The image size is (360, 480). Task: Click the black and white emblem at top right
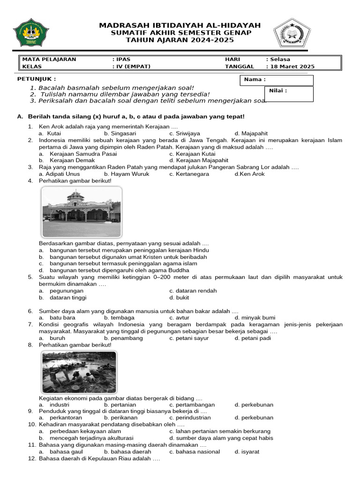click(x=292, y=35)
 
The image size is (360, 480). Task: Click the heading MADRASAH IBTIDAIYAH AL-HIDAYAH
click(x=180, y=25)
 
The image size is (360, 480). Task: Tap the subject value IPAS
click(x=123, y=60)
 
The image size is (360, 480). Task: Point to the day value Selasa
click(x=279, y=60)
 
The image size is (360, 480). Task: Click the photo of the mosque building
click(x=82, y=211)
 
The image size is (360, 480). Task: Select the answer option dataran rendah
click(x=193, y=291)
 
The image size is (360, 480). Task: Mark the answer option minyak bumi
click(x=255, y=318)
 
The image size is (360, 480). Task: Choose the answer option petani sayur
click(x=189, y=338)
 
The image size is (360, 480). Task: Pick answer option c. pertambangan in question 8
click(x=192, y=405)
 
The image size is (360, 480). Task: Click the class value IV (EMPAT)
click(x=133, y=67)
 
